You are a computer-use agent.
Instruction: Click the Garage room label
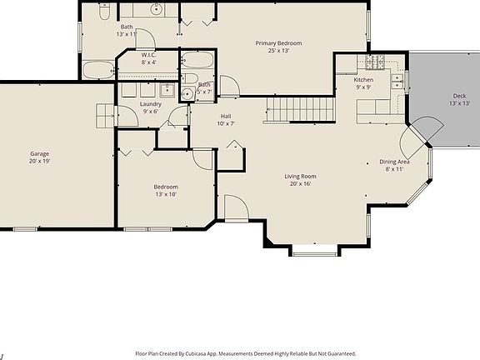point(39,153)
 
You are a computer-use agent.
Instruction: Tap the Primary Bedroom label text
point(278,42)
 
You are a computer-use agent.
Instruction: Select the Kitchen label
point(363,79)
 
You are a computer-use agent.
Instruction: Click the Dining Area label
point(394,162)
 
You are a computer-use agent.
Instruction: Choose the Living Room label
point(300,176)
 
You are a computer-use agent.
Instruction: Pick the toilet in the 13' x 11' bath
point(103,12)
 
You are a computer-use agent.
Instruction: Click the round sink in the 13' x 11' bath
point(156,10)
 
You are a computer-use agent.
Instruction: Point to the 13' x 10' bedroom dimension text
point(165,194)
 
